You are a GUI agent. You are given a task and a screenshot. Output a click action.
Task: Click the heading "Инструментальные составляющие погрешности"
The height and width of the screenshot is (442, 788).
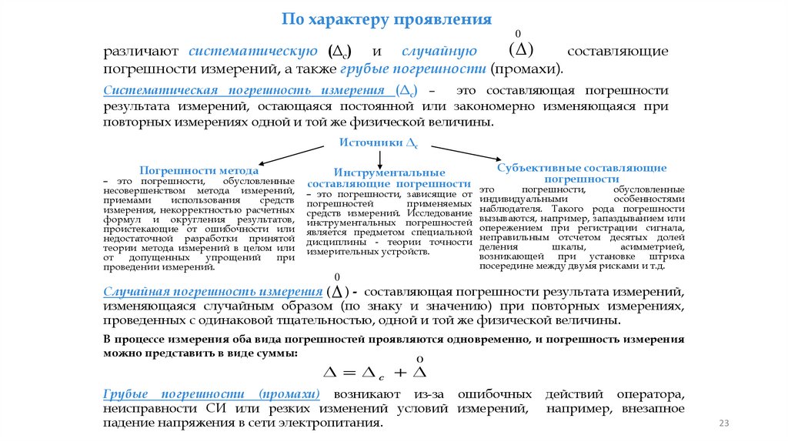click(389, 178)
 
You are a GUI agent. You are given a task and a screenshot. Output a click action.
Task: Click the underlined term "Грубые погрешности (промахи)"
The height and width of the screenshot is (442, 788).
click(212, 393)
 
